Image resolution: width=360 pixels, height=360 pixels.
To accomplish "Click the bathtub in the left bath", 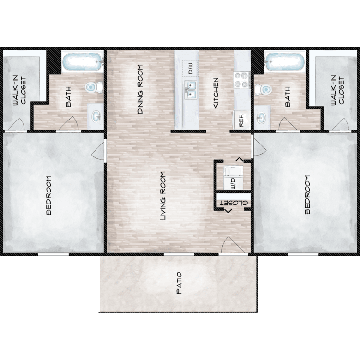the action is [x=83, y=62].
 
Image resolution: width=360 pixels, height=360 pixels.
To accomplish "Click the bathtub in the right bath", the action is [x=285, y=62].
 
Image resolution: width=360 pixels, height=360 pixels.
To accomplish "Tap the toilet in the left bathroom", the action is [x=94, y=87].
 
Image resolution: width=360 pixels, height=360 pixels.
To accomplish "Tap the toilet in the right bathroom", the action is [x=264, y=90].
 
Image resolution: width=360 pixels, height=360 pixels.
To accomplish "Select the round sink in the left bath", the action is [x=96, y=117].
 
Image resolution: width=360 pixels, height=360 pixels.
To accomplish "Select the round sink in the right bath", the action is [x=261, y=118].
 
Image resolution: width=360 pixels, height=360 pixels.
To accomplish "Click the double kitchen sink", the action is [x=191, y=90].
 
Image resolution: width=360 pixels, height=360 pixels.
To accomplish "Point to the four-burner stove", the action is [x=242, y=80].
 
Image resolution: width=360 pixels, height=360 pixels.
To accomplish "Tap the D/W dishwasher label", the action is [x=191, y=69].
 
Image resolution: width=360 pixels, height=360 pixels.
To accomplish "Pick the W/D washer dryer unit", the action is [x=233, y=178].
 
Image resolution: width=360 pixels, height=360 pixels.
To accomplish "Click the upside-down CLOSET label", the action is [x=234, y=204].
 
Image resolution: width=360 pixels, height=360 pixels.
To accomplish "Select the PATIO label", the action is [x=179, y=283].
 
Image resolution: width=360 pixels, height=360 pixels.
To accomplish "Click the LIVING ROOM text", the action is [x=163, y=196].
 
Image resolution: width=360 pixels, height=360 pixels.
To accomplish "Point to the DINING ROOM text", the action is [x=140, y=89].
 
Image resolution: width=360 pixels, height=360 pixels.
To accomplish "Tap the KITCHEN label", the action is [x=216, y=93].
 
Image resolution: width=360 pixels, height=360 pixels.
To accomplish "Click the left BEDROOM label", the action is [x=48, y=195].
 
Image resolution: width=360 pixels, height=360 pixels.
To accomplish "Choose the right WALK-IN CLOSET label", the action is [x=337, y=90].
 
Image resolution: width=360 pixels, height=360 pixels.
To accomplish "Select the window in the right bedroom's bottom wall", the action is [x=303, y=254].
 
